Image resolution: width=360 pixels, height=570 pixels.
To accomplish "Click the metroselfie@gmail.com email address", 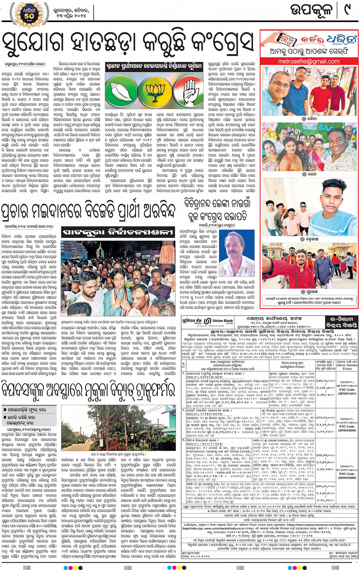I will click(309, 61).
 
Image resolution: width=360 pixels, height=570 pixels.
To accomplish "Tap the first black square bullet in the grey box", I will click(5, 410).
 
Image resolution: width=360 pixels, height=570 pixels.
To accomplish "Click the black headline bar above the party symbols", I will click(154, 66).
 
